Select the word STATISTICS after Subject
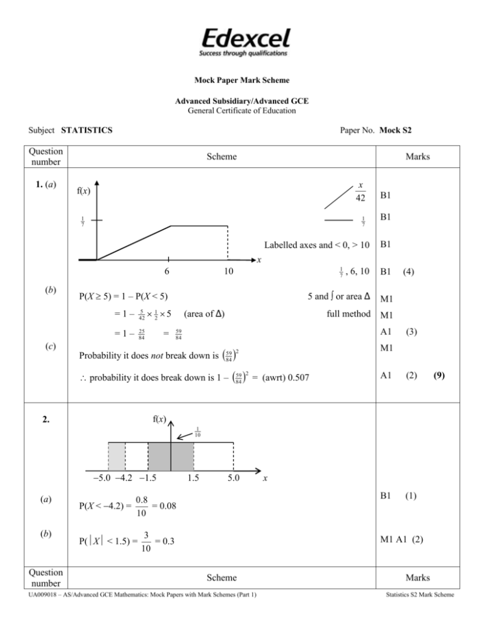pos(87,131)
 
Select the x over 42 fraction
pos(359,188)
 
